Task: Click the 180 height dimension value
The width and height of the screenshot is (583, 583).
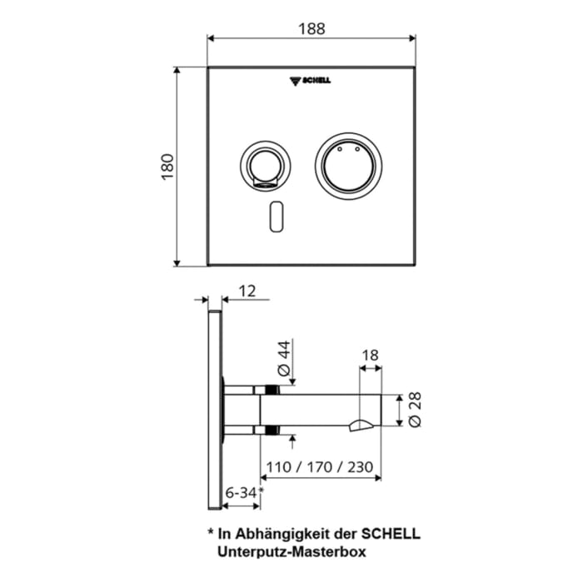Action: [x=167, y=167]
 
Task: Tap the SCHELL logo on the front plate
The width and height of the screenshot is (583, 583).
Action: [x=310, y=81]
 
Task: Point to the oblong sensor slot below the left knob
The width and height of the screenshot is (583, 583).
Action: [x=277, y=216]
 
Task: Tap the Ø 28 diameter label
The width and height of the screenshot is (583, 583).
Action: [x=414, y=411]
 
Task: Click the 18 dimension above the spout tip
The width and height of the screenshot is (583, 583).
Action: [x=370, y=355]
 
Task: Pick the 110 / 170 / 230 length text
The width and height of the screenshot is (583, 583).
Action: [x=321, y=466]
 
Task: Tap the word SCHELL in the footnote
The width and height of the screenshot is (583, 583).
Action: [x=391, y=533]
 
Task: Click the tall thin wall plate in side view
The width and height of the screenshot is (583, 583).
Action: [x=214, y=412]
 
